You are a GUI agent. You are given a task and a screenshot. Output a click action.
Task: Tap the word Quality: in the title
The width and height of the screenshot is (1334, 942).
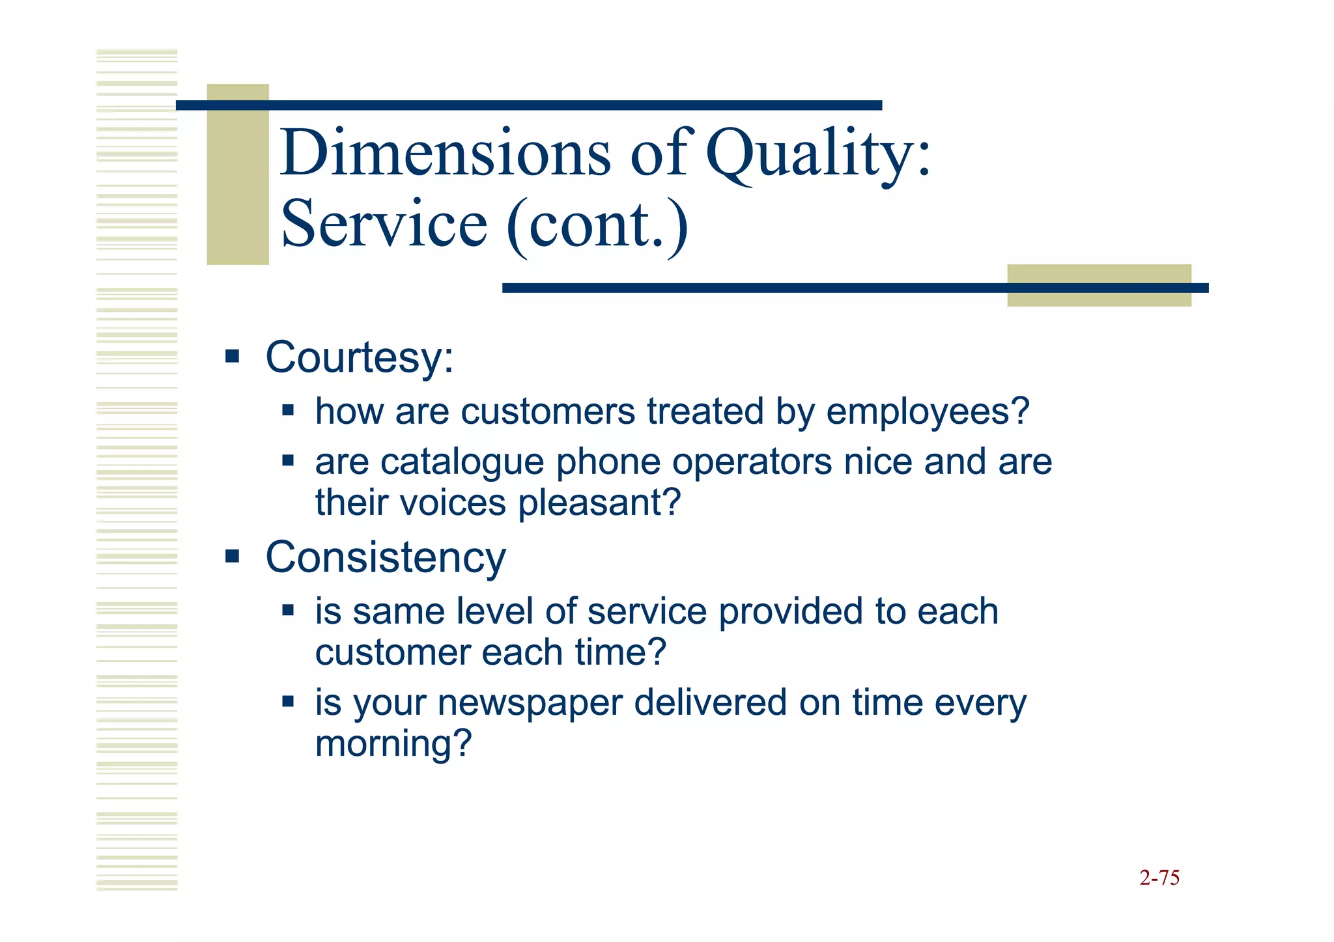(x=819, y=154)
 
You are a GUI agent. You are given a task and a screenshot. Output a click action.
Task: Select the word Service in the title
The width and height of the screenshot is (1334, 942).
(x=384, y=225)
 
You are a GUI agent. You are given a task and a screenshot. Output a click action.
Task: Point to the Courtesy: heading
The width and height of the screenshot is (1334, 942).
(x=360, y=358)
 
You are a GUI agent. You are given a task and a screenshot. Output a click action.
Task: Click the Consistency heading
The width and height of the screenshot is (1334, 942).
(x=386, y=558)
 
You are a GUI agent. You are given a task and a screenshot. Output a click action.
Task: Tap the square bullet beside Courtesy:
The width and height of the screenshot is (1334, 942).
(x=233, y=357)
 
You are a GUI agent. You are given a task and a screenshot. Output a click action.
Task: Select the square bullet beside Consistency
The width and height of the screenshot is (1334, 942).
(x=233, y=557)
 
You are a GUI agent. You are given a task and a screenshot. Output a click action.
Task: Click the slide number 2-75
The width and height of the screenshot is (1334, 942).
(x=1159, y=878)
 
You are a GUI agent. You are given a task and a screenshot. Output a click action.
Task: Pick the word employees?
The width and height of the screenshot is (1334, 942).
(x=928, y=412)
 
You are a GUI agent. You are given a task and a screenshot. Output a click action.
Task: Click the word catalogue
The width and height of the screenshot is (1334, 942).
(x=462, y=462)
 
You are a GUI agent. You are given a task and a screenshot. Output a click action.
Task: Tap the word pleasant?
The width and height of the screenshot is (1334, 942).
(x=599, y=503)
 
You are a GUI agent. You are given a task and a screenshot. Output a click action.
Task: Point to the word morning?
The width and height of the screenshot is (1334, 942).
(x=393, y=744)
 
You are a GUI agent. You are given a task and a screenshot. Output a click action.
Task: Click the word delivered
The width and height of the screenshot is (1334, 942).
(x=710, y=703)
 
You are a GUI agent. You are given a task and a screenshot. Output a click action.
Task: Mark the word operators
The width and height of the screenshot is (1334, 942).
(x=752, y=462)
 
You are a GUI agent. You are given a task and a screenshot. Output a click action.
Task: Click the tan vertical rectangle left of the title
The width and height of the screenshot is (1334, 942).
(x=238, y=174)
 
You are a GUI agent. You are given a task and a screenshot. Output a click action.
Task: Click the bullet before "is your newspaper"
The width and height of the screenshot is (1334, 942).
(x=288, y=702)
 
